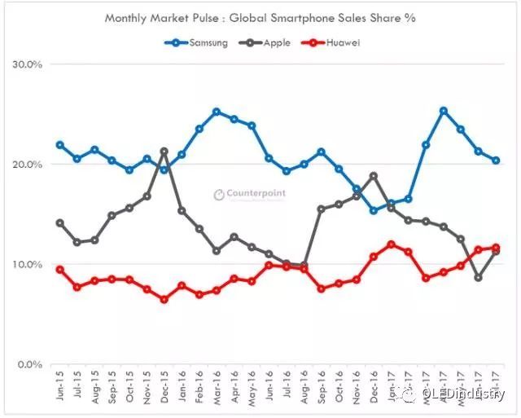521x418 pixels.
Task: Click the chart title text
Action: [x=260, y=16]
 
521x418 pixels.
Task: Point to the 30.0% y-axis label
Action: [x=30, y=64]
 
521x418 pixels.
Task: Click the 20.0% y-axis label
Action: [x=30, y=165]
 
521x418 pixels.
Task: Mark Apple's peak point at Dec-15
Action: [x=164, y=152]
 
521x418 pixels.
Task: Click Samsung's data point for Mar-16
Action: [x=217, y=112]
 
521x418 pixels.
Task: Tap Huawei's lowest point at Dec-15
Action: [x=164, y=299]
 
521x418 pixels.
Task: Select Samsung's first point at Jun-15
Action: [x=60, y=145]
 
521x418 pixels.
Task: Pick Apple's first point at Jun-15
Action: [x=60, y=222]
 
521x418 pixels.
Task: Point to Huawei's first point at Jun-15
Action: [x=60, y=270]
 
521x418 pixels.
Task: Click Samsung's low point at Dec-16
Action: [x=374, y=210]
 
